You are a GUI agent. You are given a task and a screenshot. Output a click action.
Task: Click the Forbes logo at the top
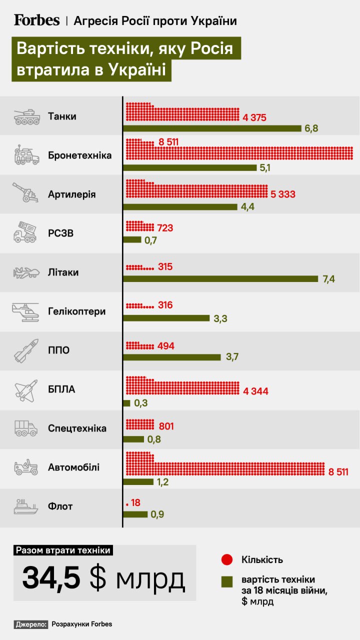click(x=36, y=20)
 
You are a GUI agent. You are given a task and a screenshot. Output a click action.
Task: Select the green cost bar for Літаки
click(x=220, y=278)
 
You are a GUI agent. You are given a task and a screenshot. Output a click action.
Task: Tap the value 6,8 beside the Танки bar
click(x=311, y=128)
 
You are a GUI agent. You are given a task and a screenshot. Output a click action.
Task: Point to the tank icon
click(x=26, y=117)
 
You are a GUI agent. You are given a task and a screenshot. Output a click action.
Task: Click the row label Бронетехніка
click(x=79, y=155)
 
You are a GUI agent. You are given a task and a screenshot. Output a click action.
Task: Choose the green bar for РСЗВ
click(x=132, y=239)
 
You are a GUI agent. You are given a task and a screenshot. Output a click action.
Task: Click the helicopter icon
click(x=25, y=311)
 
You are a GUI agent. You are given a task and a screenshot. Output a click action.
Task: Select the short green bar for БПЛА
click(x=127, y=403)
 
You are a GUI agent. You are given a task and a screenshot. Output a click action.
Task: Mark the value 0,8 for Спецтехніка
click(x=152, y=440)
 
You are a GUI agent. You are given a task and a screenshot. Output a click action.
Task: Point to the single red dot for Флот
click(x=127, y=505)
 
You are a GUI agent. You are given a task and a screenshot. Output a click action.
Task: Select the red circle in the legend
click(x=227, y=559)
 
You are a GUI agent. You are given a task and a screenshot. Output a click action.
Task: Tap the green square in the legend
click(x=227, y=581)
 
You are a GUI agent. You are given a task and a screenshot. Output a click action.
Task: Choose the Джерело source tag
click(x=31, y=624)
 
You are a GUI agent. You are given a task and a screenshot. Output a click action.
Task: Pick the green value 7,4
click(x=329, y=279)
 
